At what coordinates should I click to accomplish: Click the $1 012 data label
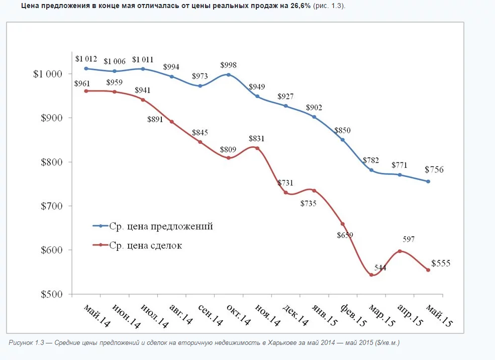click(86, 59)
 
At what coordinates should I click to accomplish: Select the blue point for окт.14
click(229, 74)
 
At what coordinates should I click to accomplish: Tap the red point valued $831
click(257, 148)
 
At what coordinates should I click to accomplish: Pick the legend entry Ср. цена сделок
click(145, 245)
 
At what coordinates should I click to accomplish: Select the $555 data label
click(441, 263)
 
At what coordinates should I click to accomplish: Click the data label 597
click(409, 239)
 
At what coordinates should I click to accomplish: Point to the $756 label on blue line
click(434, 170)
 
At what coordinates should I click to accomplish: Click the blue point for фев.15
click(343, 140)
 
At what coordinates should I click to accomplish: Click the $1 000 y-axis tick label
click(48, 74)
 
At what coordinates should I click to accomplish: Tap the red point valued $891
click(172, 122)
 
